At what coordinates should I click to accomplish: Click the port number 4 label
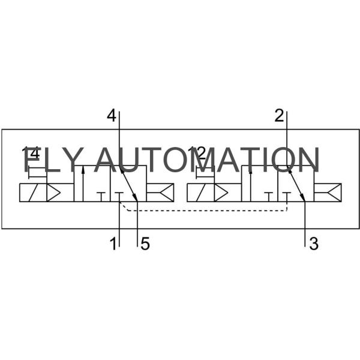point(111,116)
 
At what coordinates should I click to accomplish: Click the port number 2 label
point(279,116)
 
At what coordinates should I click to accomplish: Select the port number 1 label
point(112,244)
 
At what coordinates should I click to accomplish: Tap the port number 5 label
point(145,244)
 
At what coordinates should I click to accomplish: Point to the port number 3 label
point(313,244)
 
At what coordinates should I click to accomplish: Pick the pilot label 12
point(197,154)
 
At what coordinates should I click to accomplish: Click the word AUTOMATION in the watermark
point(207,160)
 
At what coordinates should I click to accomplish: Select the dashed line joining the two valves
point(204,211)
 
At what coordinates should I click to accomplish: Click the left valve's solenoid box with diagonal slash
point(32,193)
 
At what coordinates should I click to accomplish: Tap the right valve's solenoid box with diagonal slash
point(200,193)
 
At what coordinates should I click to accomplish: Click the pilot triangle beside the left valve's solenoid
point(54,193)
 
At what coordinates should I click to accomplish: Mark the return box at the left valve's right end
point(160,193)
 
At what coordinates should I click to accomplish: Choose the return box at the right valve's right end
point(328,193)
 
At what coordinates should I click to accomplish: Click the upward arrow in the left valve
point(83,180)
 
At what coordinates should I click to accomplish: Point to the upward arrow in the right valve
point(251,180)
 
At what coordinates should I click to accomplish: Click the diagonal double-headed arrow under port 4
point(128,184)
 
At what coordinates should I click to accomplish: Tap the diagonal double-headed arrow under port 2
point(296,184)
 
